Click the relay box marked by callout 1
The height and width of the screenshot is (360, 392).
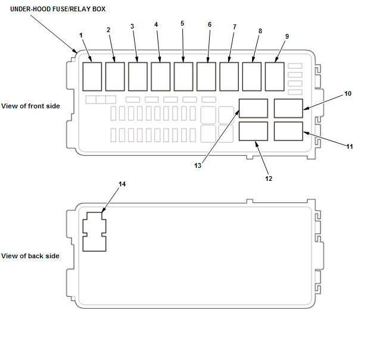[92, 76]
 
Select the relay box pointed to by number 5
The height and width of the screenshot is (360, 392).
[183, 76]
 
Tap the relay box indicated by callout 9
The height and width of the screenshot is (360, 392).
[275, 76]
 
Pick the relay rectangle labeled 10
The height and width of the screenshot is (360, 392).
[288, 108]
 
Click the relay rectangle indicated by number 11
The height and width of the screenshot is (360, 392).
[288, 131]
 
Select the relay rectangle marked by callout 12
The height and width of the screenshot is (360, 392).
[253, 131]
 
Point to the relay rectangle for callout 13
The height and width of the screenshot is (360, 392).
[253, 108]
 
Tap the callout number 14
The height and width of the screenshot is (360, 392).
[122, 184]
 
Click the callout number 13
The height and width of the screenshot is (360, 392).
[198, 166]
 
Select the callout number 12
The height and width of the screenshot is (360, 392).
[269, 178]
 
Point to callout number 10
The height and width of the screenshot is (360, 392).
[348, 93]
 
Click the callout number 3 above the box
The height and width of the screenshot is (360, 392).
[132, 26]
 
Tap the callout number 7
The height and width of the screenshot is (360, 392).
[234, 27]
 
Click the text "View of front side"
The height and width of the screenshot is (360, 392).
[30, 106]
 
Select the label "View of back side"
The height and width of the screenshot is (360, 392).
[30, 256]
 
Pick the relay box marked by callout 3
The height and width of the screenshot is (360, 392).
[138, 76]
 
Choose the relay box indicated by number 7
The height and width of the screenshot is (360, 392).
[229, 76]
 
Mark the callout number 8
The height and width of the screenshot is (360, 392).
[260, 30]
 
